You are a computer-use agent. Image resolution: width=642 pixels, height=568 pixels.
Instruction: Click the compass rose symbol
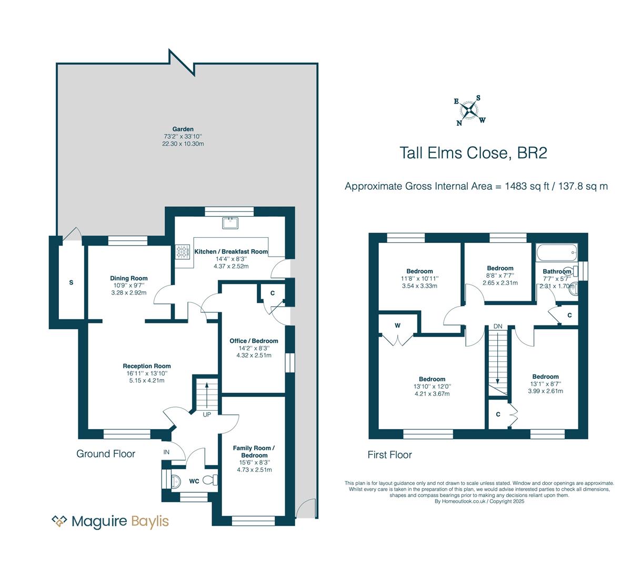(x=469, y=110)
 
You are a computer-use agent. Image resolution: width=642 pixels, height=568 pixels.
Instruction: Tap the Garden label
(x=183, y=129)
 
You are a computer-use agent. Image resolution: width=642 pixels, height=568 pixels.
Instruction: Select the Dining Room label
(x=128, y=278)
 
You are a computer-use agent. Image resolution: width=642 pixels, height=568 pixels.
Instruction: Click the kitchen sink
(x=230, y=223)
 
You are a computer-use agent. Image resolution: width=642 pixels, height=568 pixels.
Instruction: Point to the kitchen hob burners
(x=183, y=251)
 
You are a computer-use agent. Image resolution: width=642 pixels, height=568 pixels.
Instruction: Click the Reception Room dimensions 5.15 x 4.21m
(x=147, y=380)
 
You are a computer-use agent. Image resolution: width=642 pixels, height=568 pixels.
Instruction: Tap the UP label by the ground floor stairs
(x=207, y=414)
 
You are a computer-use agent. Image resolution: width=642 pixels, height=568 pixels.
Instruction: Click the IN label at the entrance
(x=166, y=452)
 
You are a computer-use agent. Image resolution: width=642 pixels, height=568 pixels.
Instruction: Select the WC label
(x=194, y=481)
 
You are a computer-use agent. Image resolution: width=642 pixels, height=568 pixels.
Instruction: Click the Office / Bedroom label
(x=254, y=341)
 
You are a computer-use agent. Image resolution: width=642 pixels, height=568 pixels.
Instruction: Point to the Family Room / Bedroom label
(x=254, y=452)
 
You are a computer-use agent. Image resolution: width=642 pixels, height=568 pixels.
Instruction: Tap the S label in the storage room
(x=71, y=282)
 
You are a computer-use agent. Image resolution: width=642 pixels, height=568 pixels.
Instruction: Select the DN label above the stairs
(x=497, y=326)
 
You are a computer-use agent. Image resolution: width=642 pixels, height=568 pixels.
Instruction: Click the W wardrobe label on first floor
(x=397, y=326)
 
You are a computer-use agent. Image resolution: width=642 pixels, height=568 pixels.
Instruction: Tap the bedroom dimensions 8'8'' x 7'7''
(x=500, y=276)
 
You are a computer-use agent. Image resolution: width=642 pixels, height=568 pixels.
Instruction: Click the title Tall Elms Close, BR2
(x=474, y=153)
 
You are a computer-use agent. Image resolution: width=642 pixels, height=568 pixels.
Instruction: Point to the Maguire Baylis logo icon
(x=59, y=521)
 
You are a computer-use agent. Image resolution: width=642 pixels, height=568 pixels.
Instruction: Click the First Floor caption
(x=390, y=455)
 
